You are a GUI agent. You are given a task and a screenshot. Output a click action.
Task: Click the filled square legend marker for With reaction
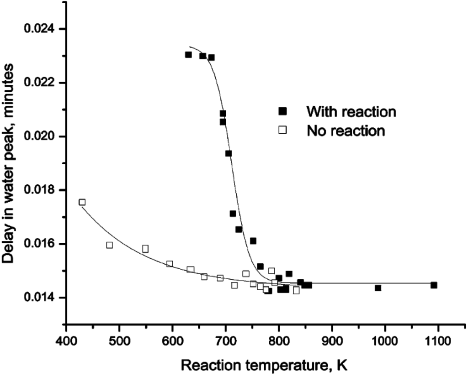(283, 111)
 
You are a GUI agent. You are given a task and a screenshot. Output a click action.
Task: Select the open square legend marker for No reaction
(283, 131)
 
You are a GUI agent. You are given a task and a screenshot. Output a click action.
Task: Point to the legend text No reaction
(346, 131)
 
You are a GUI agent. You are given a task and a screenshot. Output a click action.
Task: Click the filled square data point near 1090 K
(434, 285)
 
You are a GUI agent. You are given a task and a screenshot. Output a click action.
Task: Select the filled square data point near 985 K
(378, 288)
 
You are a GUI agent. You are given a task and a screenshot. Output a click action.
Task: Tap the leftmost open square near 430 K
(82, 202)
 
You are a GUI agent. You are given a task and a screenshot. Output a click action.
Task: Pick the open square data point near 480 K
(109, 245)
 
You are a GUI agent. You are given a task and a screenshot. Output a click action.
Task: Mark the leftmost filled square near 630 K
(188, 55)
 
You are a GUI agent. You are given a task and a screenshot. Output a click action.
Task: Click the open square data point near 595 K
(170, 264)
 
